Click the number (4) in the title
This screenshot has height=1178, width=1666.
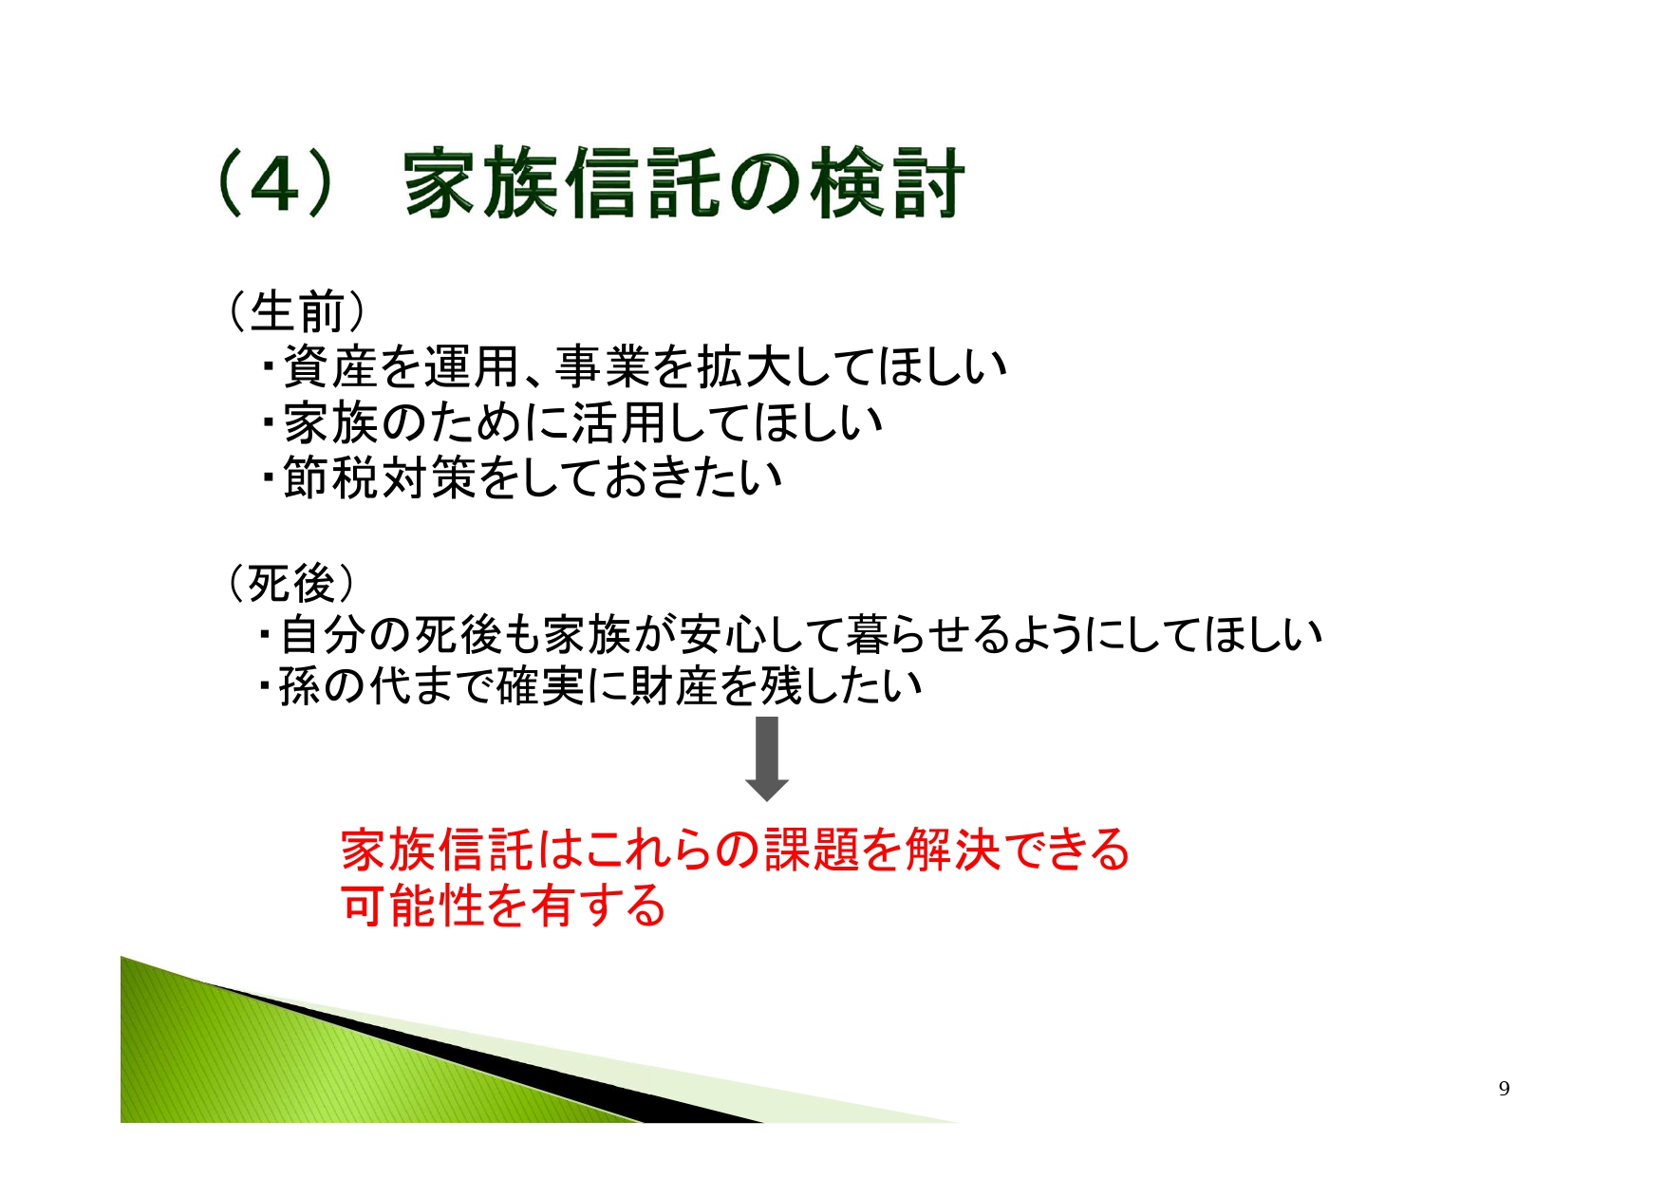point(275,184)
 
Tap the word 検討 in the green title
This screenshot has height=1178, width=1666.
point(888,183)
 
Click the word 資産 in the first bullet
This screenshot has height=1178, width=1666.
point(329,366)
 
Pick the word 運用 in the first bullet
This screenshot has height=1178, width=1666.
point(471,366)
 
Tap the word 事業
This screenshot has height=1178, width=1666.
point(602,366)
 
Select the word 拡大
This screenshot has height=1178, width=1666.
point(743,366)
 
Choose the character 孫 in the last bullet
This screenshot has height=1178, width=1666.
point(301,687)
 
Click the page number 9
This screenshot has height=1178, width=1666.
point(1504,1089)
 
